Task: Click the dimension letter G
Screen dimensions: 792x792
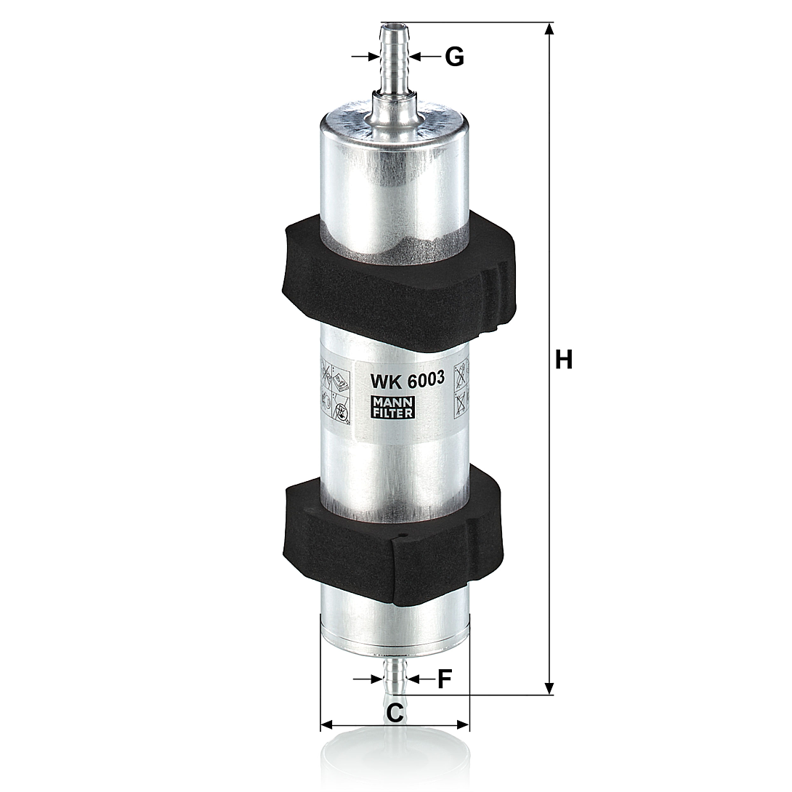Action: click(454, 57)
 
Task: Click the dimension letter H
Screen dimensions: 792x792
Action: click(564, 360)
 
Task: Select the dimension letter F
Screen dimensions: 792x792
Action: click(443, 679)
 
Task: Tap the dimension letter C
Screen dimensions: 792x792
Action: click(395, 713)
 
